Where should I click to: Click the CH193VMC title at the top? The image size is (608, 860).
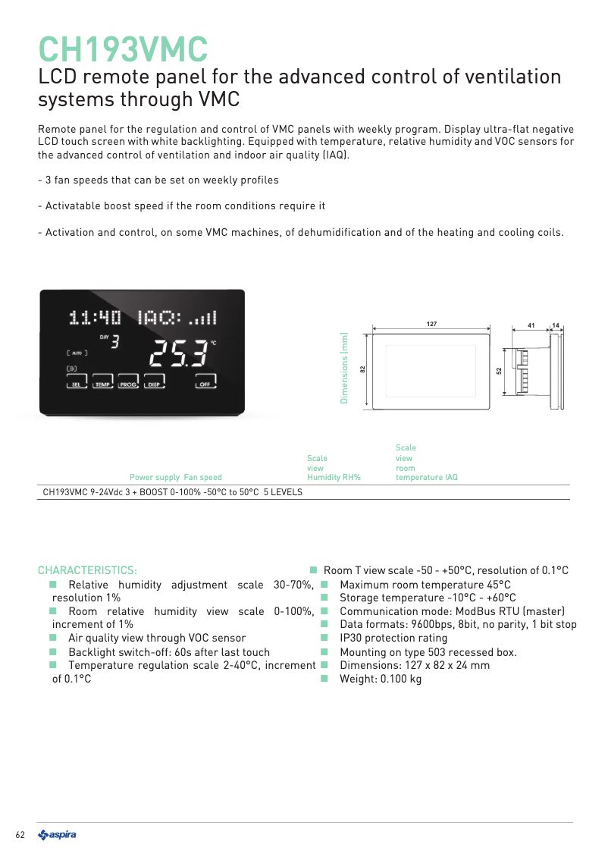click(123, 49)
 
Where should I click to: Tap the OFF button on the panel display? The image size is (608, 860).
click(205, 383)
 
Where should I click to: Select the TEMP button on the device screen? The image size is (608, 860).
click(102, 383)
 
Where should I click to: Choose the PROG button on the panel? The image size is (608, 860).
click(128, 383)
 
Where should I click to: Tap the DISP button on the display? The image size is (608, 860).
click(154, 383)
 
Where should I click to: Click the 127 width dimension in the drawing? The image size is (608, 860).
click(431, 324)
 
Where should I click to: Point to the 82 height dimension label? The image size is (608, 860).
click(362, 369)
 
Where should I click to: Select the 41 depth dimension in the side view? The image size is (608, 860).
click(531, 325)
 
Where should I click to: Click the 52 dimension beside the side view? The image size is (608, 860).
click(499, 370)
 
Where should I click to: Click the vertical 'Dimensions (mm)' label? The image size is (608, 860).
click(343, 368)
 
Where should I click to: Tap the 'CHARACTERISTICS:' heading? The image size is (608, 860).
click(87, 570)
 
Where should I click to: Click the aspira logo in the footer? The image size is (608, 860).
click(57, 835)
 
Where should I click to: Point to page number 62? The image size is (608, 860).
click(20, 835)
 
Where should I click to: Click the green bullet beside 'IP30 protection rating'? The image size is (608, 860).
click(323, 638)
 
